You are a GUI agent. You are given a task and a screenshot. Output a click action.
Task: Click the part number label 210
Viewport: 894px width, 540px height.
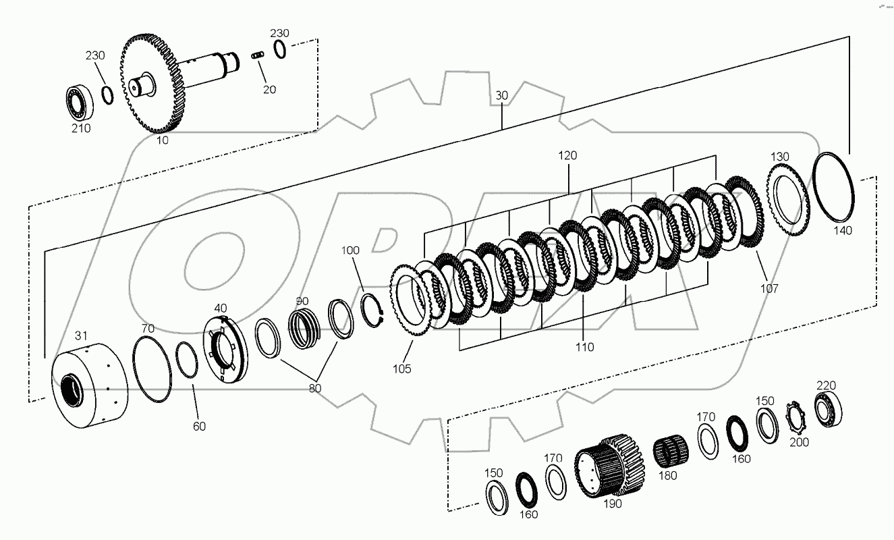pos(81,128)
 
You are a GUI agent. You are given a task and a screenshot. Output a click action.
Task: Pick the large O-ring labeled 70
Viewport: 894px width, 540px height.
pos(152,371)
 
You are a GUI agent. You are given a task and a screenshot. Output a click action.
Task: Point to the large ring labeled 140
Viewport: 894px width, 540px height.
pos(834,187)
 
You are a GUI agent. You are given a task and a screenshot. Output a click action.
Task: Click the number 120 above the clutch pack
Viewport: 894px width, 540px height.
pos(567,155)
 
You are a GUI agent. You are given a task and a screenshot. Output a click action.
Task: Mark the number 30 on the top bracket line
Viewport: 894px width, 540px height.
pos(501,96)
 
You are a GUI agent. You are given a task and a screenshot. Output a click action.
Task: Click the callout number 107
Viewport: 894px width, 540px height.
pos(769,288)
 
